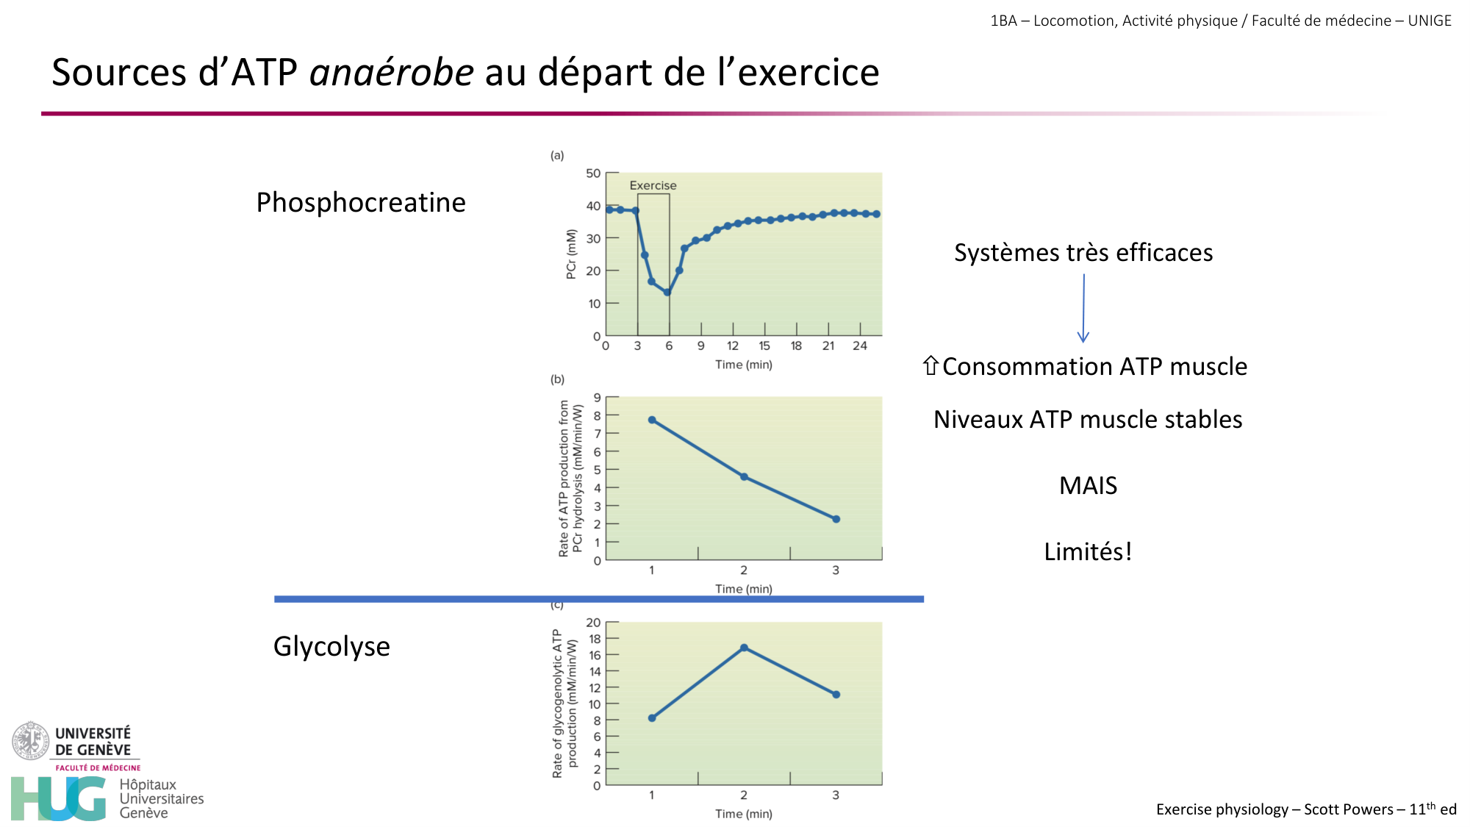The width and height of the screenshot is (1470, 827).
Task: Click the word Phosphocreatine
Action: coord(360,203)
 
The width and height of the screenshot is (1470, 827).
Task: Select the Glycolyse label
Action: coord(331,647)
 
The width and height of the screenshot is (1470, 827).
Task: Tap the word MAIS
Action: coord(1088,486)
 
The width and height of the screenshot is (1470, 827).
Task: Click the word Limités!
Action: coord(1088,551)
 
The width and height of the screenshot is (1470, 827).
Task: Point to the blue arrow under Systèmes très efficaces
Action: coord(1083,309)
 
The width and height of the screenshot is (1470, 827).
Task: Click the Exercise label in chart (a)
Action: coord(653,186)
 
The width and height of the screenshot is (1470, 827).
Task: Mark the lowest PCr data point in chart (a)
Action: coord(667,293)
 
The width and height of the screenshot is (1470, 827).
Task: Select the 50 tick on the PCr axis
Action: coord(593,173)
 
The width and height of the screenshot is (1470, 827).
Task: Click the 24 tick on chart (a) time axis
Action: coord(860,346)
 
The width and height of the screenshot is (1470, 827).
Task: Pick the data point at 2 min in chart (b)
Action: coord(744,477)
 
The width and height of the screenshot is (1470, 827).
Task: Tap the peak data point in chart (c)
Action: coord(744,648)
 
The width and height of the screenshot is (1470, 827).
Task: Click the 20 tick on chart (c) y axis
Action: coord(593,623)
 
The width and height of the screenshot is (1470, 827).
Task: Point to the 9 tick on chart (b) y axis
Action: coord(598,398)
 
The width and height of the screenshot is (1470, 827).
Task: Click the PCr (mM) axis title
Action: coord(571,254)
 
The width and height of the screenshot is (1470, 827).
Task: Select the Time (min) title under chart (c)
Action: coord(744,814)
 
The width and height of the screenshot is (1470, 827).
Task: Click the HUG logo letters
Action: coord(59,799)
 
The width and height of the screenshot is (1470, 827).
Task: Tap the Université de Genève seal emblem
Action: coord(30,741)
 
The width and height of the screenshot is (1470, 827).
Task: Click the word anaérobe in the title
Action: coord(392,73)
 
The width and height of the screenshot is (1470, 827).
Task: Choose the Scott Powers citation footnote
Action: coord(1306,809)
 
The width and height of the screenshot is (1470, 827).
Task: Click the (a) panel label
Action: coord(557,155)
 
